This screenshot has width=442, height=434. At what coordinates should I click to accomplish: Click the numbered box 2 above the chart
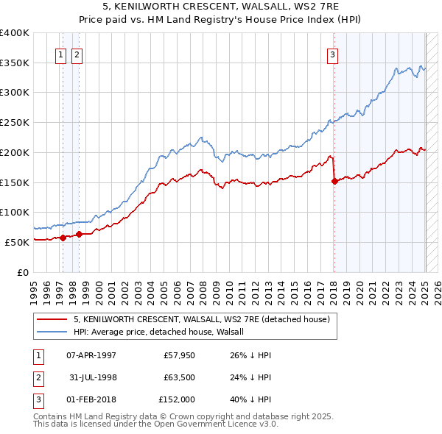[77, 54]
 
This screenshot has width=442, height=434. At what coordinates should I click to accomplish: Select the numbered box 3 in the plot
[333, 54]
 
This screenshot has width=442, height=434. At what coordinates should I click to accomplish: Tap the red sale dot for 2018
[334, 181]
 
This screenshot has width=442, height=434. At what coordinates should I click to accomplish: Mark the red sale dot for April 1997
[63, 237]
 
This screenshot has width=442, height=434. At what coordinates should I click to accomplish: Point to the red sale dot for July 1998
[80, 234]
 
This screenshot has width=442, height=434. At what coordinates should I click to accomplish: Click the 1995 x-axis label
[34, 287]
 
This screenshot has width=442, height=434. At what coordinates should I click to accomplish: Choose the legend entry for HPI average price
[164, 332]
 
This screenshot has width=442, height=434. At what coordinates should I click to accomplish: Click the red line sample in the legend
[52, 319]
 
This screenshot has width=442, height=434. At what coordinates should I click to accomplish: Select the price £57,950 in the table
[179, 356]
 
